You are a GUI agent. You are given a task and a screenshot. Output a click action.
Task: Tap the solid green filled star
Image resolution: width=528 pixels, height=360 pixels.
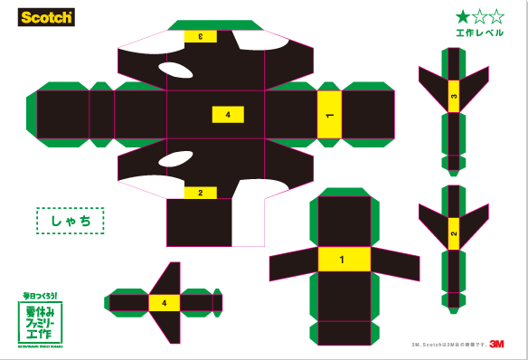click(x=463, y=15)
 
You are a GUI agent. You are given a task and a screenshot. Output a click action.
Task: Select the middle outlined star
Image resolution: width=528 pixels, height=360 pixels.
click(x=479, y=15)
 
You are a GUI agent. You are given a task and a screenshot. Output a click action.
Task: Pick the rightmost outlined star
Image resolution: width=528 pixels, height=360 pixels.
click(x=495, y=15)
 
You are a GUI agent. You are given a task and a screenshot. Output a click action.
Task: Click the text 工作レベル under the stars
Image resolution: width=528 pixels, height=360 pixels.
click(x=479, y=33)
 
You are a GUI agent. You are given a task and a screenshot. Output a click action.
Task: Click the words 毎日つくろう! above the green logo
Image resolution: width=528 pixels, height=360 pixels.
click(x=41, y=295)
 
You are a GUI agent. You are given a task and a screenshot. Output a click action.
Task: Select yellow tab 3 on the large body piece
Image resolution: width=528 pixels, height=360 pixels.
click(x=200, y=36)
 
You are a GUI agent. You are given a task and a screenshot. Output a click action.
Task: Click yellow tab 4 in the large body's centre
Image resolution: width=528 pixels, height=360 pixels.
click(x=228, y=115)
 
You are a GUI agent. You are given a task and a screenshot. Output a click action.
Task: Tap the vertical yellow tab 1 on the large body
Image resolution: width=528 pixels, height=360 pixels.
click(x=329, y=116)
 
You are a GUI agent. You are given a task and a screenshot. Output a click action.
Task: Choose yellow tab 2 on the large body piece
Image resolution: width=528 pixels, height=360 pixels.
click(x=200, y=193)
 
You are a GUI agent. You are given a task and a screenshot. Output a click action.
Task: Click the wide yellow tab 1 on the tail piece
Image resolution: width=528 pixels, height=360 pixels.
click(x=342, y=260)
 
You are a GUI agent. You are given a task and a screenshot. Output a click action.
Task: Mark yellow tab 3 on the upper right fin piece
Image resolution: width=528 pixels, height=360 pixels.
click(x=453, y=96)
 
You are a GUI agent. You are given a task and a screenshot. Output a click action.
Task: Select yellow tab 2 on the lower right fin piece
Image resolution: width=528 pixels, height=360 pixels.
click(x=453, y=236)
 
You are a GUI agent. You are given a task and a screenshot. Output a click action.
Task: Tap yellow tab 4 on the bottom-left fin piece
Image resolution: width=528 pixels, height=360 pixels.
click(x=164, y=303)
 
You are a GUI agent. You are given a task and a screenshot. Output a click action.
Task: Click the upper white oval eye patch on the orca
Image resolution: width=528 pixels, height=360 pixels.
click(x=175, y=70)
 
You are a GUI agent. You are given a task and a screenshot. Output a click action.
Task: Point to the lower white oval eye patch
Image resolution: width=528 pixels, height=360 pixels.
click(x=175, y=160)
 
